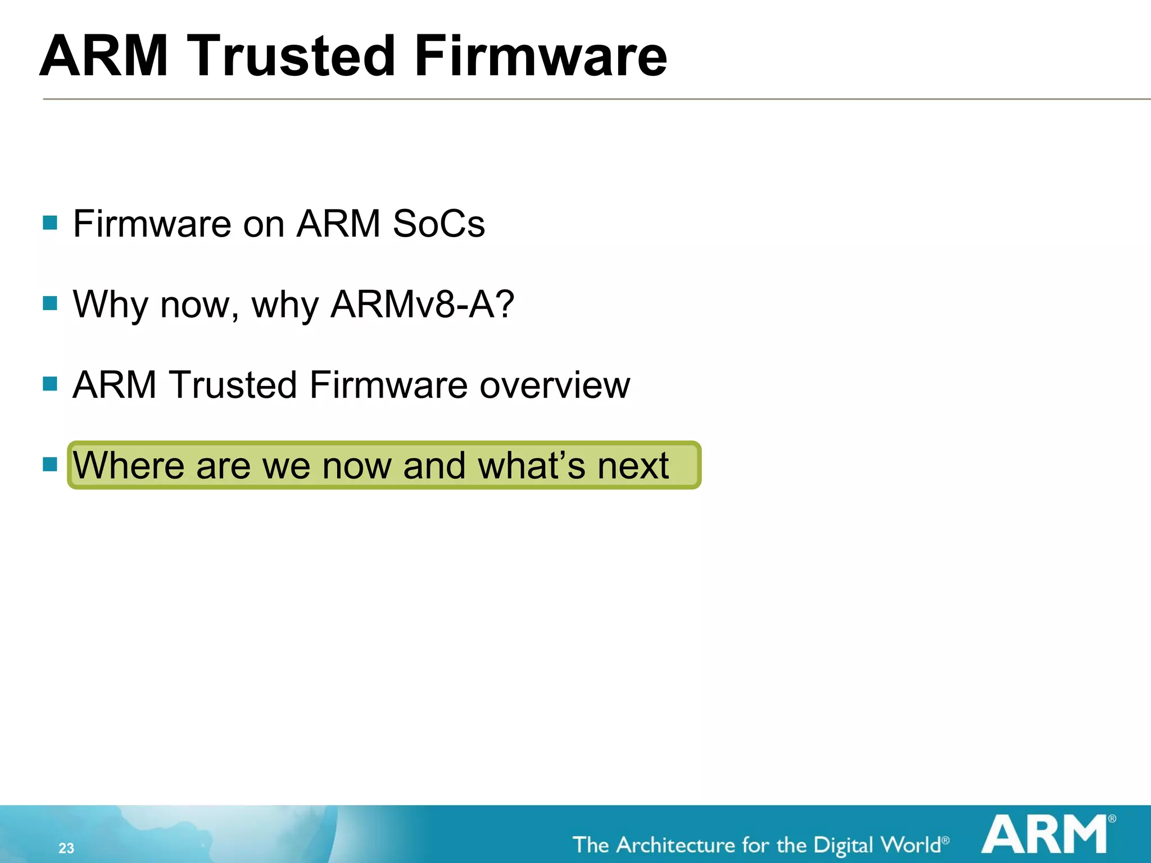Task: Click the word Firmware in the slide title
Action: (x=541, y=56)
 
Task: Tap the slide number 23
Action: (x=66, y=848)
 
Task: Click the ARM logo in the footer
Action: (x=1044, y=834)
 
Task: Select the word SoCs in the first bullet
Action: (x=438, y=224)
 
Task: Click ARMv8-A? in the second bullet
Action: (x=422, y=304)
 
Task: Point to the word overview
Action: (x=555, y=385)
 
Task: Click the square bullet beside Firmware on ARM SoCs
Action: (x=50, y=223)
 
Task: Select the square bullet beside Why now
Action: (x=50, y=303)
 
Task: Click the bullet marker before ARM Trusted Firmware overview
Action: (x=50, y=384)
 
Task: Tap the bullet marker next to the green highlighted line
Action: (x=50, y=464)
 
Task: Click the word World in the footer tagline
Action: (x=910, y=845)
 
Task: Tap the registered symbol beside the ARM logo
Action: (x=1112, y=819)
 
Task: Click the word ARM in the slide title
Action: (x=105, y=56)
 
